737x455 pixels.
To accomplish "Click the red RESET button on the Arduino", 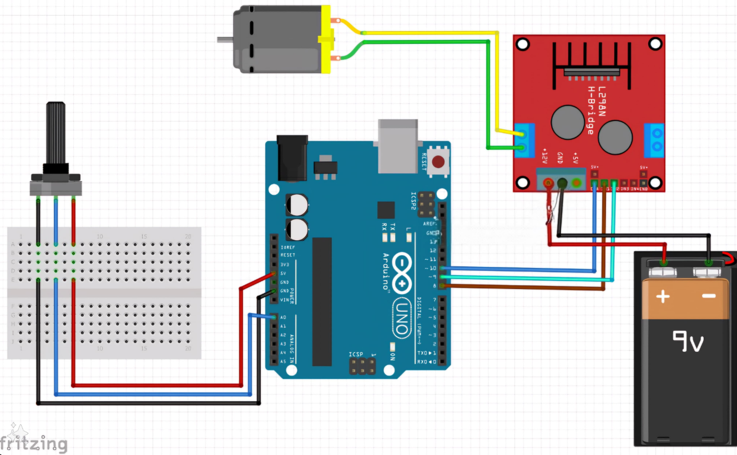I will tap(438, 162).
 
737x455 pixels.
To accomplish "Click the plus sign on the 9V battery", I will tap(663, 297).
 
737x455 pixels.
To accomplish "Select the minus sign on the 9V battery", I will tap(709, 296).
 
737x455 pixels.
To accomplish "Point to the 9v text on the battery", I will tap(688, 341).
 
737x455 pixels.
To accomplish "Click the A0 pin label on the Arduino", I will tap(282, 317).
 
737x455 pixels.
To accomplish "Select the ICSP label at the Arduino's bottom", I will tap(356, 354).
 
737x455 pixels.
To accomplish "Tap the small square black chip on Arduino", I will tap(386, 210).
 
